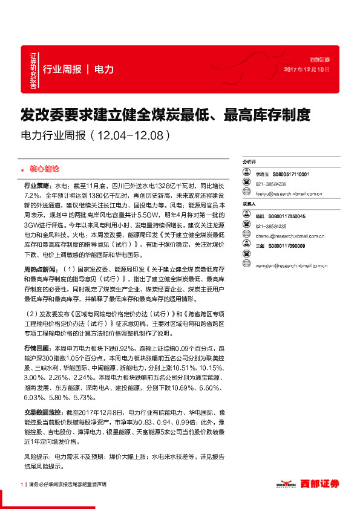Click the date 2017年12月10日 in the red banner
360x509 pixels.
click(307, 70)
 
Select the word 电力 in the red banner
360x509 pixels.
click(104, 70)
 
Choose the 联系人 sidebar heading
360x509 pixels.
click(249, 204)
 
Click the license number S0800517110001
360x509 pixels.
click(291, 174)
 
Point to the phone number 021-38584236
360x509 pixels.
click(270, 184)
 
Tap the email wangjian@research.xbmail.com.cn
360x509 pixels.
click(291, 265)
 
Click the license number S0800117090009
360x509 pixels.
click(289, 246)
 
